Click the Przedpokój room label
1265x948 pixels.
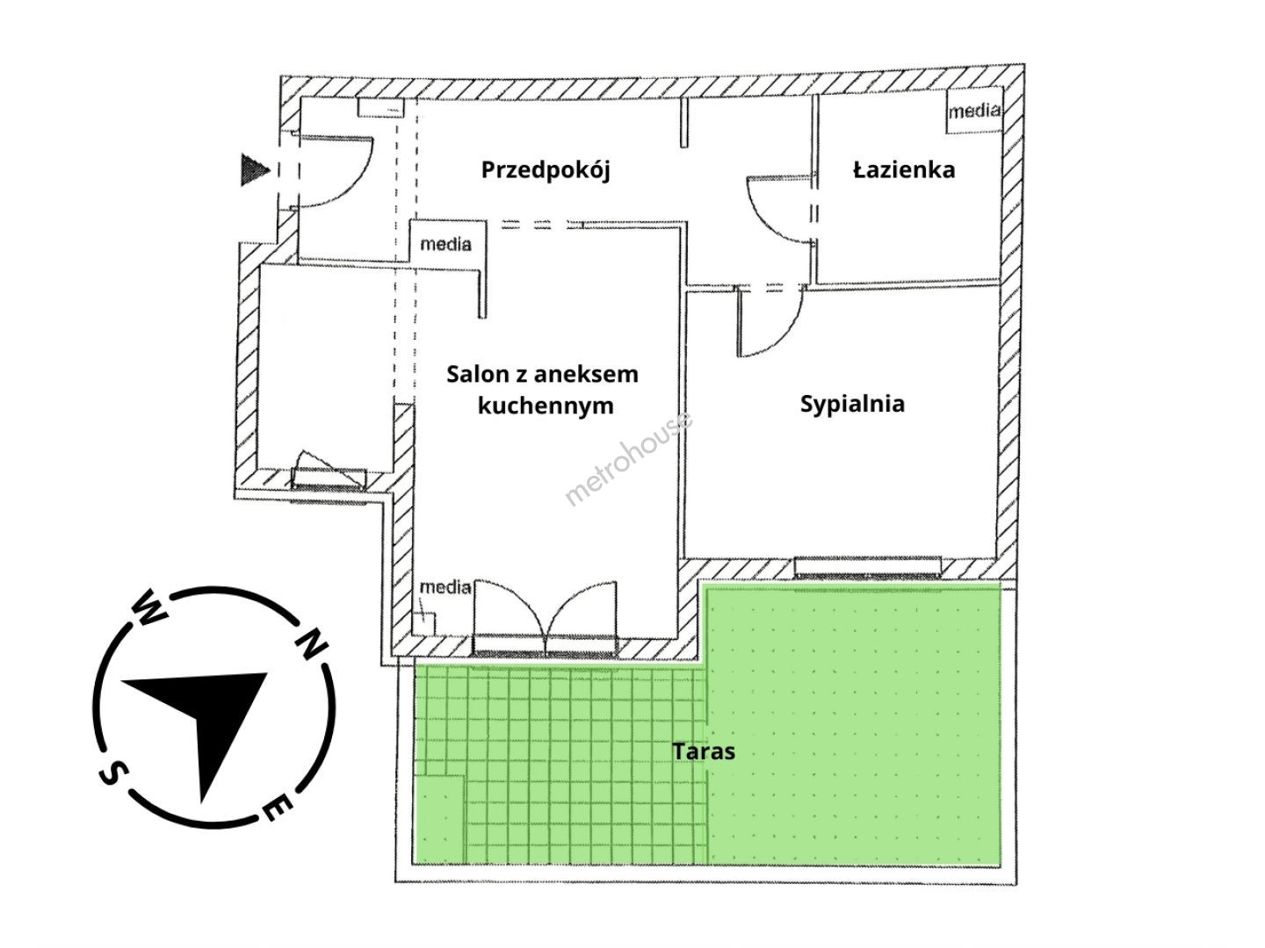(545, 169)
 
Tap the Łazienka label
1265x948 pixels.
(904, 169)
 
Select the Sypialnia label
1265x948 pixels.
(852, 404)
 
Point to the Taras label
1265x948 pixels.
(704, 751)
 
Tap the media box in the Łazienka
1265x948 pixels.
(973, 111)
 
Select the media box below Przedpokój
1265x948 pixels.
(445, 243)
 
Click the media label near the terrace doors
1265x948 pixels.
(445, 586)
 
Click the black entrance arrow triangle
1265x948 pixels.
(254, 169)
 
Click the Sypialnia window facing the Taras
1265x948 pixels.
(869, 566)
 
